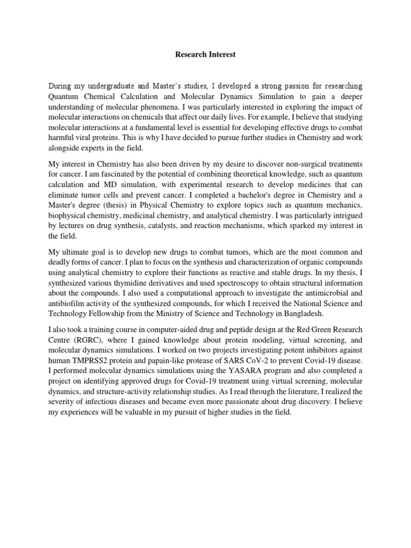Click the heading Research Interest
205,55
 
